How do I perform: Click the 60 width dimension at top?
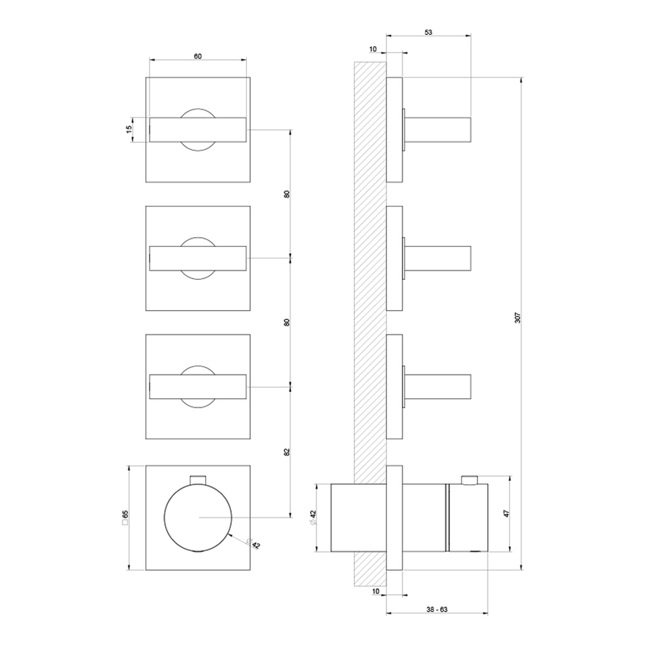pyautogui.click(x=198, y=56)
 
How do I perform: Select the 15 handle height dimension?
pyautogui.click(x=129, y=129)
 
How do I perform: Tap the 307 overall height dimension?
pyautogui.click(x=518, y=320)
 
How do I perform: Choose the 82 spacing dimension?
pyautogui.click(x=287, y=451)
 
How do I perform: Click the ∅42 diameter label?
pyautogui.click(x=312, y=517)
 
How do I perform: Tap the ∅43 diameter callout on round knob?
pyautogui.click(x=253, y=543)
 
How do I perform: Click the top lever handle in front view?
pyautogui.click(x=198, y=129)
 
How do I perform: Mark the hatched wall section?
pyautogui.click(x=369, y=304)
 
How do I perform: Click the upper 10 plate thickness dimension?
pyautogui.click(x=372, y=49)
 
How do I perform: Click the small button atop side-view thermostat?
pyautogui.click(x=470, y=479)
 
